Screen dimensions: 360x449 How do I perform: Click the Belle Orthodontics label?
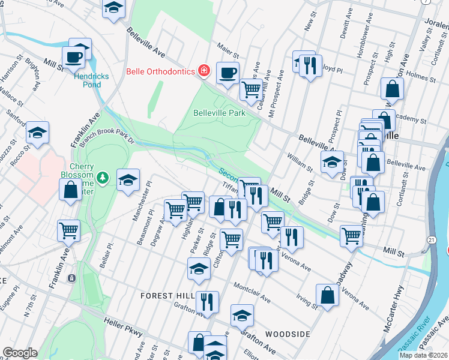[x=160, y=71]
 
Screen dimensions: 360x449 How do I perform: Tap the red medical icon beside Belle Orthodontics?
[x=204, y=71]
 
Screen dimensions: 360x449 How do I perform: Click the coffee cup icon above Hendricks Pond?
[x=74, y=57]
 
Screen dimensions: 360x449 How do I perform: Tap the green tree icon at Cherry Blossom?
[x=103, y=177]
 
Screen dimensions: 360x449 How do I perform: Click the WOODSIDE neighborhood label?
[x=288, y=334]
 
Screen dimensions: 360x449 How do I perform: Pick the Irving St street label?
[x=308, y=302]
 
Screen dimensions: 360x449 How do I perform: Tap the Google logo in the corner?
[x=20, y=353]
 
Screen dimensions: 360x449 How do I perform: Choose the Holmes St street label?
[x=421, y=77]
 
